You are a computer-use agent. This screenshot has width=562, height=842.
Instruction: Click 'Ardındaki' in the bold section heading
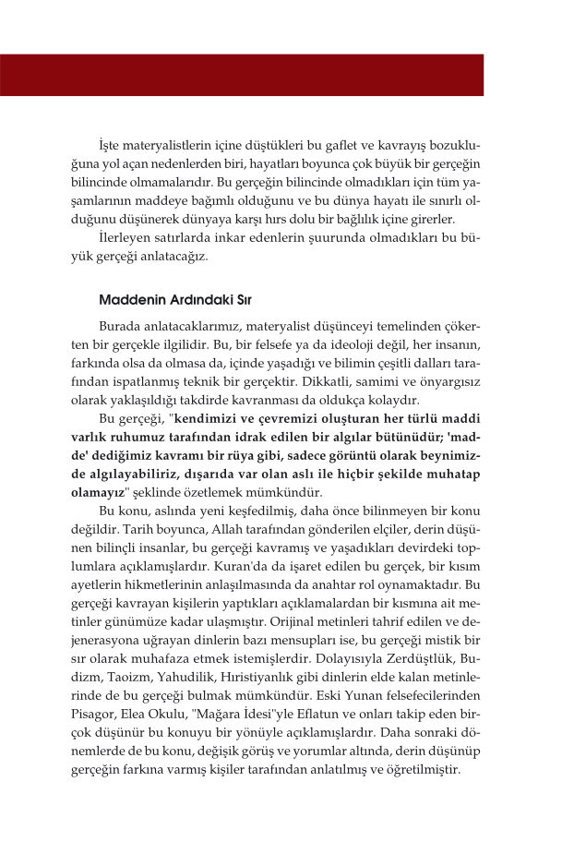(190, 300)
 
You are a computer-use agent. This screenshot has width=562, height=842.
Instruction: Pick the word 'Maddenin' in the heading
(127, 300)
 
